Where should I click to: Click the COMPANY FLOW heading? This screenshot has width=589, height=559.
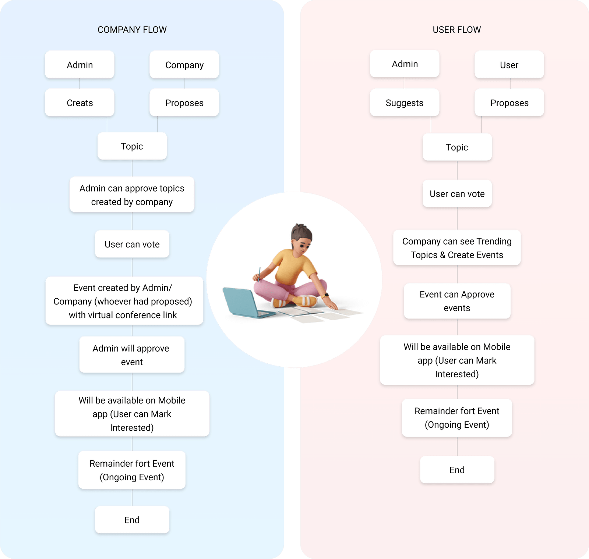coord(132,30)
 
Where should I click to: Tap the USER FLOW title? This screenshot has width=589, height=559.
coord(456,30)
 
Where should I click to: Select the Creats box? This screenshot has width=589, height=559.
coord(80,103)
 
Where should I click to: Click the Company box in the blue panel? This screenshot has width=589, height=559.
coord(184,65)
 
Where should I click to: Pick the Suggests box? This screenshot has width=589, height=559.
coord(404,103)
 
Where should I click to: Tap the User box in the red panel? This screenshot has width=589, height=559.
coord(509,65)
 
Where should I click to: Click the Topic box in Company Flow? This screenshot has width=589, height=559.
coord(132,146)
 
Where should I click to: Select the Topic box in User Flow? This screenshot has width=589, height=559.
coord(457,147)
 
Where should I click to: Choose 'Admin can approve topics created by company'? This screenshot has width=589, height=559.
coord(132,195)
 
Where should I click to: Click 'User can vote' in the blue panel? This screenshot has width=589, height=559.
coord(132,244)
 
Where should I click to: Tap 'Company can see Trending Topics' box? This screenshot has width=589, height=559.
coord(456,248)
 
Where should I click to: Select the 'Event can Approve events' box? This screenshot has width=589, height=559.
coord(457,301)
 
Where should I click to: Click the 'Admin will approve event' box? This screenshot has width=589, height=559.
coord(131,355)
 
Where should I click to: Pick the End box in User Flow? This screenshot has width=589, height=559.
coord(457,470)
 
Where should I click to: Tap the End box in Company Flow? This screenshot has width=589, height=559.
coord(132,520)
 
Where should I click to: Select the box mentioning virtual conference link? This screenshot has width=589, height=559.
coord(124,301)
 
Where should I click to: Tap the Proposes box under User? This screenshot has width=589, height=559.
coord(509,103)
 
